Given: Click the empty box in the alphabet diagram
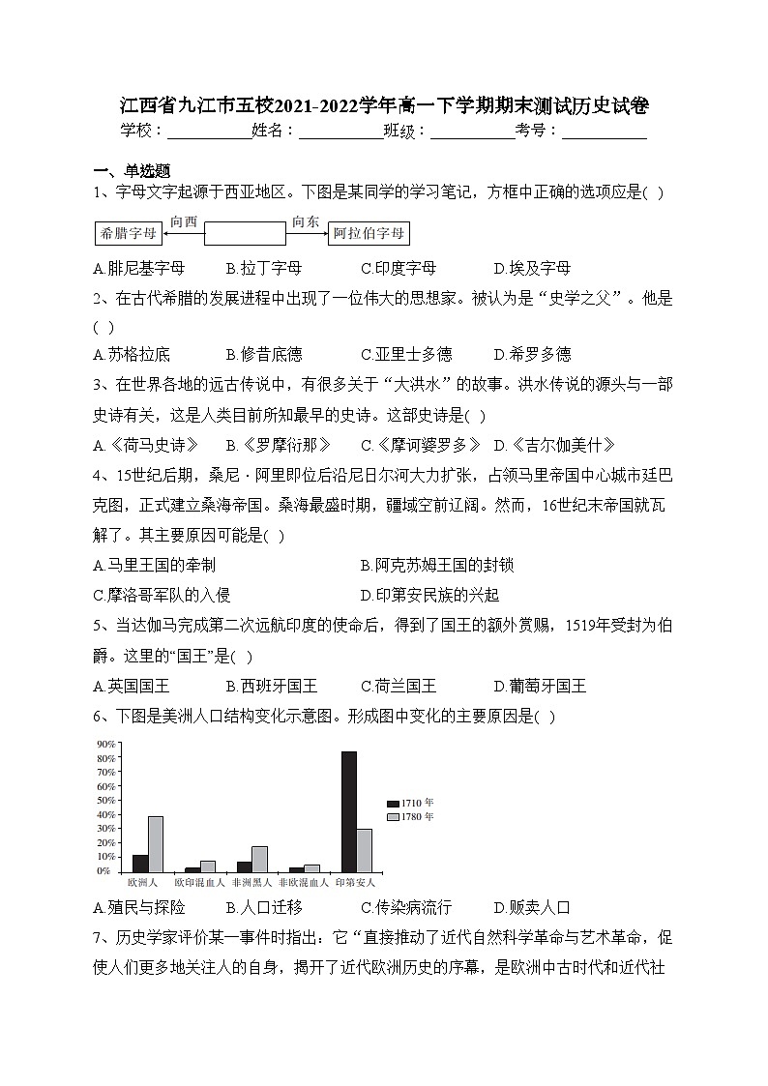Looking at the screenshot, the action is tap(245, 234).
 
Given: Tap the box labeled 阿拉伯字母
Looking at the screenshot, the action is tap(368, 234).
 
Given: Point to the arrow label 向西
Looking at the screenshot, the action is tap(183, 221).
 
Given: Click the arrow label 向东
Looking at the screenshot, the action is tap(306, 221).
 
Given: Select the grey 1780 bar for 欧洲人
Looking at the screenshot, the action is tap(156, 843).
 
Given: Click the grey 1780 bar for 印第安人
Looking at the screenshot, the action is tap(365, 850).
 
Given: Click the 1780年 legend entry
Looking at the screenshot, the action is tap(410, 817).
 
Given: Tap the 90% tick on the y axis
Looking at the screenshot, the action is tap(106, 744).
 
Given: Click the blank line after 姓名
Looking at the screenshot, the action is tap(340, 132).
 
